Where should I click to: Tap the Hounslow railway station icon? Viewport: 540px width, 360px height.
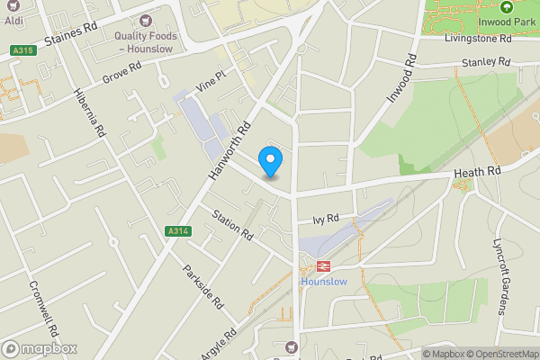click(320, 265)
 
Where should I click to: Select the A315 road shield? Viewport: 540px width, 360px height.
click(23, 50)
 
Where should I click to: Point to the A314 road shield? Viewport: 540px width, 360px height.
click(178, 231)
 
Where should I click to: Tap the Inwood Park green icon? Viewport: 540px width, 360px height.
click(506, 7)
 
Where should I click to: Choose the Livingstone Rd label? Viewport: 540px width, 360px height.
click(479, 39)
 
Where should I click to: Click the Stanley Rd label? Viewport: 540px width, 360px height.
click(486, 62)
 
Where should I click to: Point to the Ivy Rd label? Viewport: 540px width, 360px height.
click(326, 218)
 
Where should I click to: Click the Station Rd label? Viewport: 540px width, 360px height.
click(232, 224)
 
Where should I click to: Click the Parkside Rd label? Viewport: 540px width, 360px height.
click(202, 287)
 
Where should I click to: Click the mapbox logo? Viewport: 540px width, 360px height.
click(40, 348)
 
